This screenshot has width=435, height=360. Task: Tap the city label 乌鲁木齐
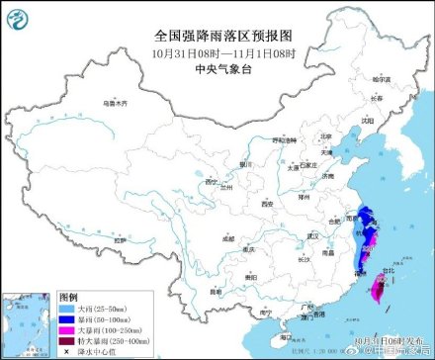pos(118,102)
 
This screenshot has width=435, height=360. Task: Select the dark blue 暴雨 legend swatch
pos(70,319)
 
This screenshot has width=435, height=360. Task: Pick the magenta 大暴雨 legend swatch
pos(70,330)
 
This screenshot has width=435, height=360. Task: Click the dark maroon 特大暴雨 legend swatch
pos(70,341)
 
